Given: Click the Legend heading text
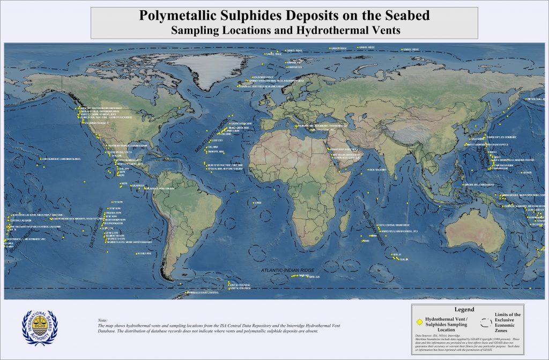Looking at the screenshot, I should [464, 310].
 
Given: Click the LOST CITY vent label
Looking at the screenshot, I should [218, 140].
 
